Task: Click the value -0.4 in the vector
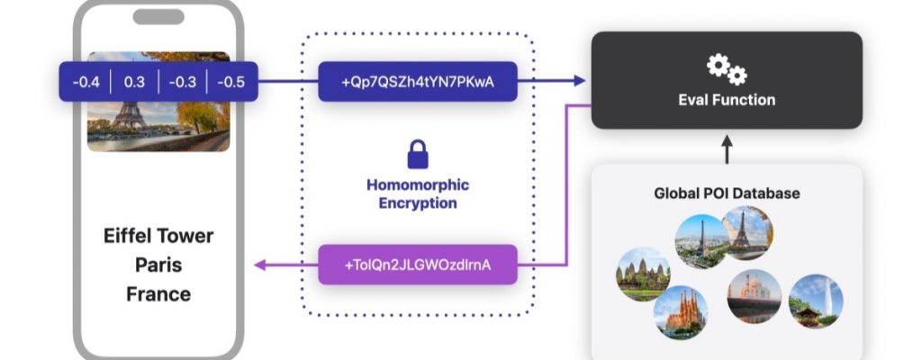coord(86,83)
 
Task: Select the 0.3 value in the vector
coord(134,83)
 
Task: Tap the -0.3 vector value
coord(183,83)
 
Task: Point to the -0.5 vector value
coord(231,83)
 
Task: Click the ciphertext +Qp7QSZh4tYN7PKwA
coord(418,82)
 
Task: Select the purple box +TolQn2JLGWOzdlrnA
coord(418,265)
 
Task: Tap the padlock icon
coord(418,155)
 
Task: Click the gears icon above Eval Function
coord(726,68)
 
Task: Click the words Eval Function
coord(726,99)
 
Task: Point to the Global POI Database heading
coord(727,193)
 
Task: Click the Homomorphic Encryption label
coord(418,193)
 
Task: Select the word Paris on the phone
coord(158,265)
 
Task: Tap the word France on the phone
coord(158,294)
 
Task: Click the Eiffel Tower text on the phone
coord(158,237)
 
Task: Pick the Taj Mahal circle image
coord(754,296)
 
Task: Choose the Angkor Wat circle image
coord(643,274)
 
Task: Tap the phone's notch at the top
coord(158,17)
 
